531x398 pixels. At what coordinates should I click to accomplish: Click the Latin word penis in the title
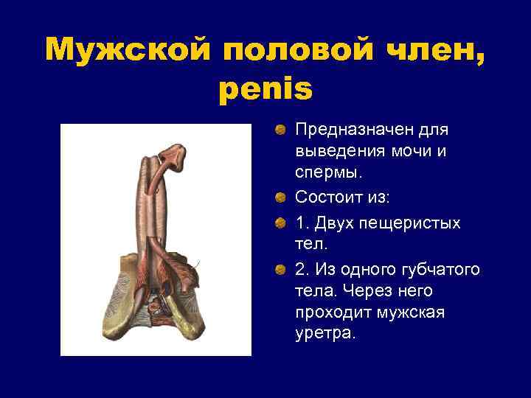(x=265, y=88)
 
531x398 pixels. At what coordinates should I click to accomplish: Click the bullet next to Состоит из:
(x=281, y=198)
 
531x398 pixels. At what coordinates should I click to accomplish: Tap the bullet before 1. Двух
(x=281, y=223)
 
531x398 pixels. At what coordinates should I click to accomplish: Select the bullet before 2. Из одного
(x=281, y=270)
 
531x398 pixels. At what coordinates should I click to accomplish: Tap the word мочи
(x=405, y=151)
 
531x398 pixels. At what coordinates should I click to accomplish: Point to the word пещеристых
(x=409, y=223)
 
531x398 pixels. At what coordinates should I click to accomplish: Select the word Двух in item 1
(x=333, y=223)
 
